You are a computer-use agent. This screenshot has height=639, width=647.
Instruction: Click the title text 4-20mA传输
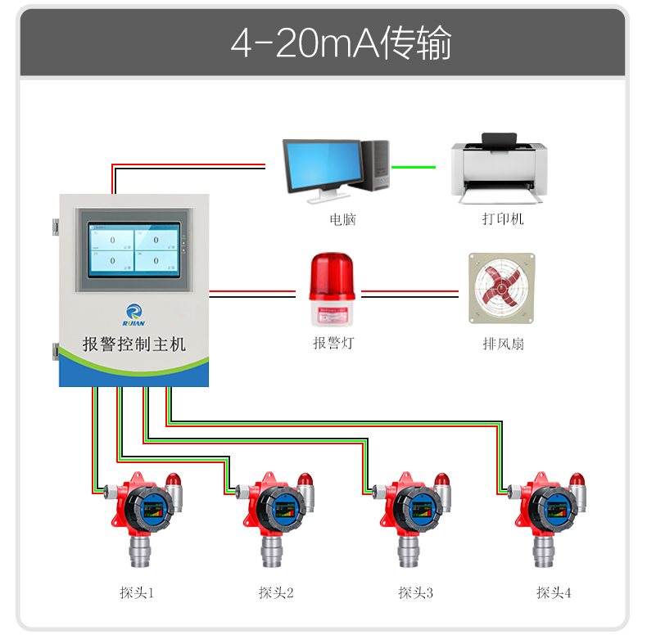341,43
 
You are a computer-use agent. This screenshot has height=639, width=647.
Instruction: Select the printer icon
497,169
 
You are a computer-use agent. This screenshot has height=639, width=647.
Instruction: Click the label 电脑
342,219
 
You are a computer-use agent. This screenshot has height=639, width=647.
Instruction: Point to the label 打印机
502,219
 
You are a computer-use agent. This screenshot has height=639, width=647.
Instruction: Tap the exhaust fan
501,288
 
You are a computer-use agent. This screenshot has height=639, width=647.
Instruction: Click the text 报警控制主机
134,343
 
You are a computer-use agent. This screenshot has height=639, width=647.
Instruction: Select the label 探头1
137,592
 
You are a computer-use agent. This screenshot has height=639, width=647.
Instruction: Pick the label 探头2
276,592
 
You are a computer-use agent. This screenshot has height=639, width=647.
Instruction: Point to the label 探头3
415,592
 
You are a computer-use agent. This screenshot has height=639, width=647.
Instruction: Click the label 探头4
554,592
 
